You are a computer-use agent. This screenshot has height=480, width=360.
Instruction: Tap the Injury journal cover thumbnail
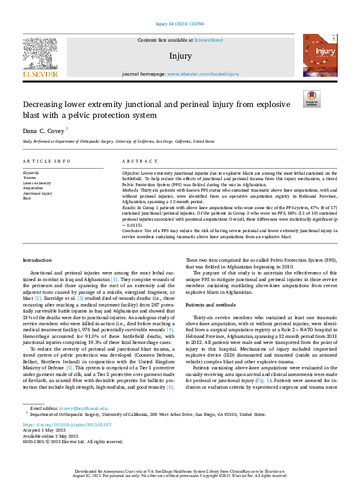tap(318, 55)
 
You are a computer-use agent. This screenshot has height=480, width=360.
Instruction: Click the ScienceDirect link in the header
tap(208, 40)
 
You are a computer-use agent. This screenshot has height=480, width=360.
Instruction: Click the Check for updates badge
tap(312, 99)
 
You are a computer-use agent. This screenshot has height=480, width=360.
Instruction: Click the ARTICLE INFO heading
tap(47, 161)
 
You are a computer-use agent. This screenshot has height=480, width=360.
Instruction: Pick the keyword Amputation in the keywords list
tap(33, 188)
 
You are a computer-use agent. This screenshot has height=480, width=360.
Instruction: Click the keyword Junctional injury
tap(37, 193)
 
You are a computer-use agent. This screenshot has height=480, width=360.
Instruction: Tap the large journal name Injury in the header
tap(180, 56)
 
